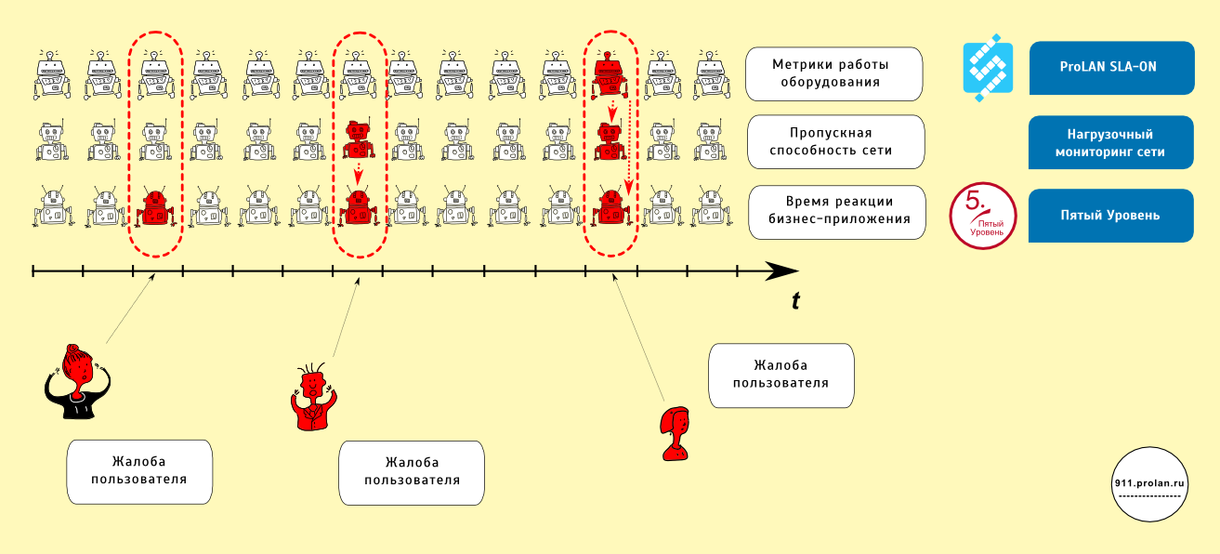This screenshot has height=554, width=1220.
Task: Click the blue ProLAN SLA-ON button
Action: point(1110,68)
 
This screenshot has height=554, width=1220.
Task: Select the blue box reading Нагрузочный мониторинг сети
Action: point(1110,142)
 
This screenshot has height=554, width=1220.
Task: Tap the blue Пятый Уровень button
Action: point(1110,216)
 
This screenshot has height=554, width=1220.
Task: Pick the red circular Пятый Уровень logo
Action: point(983,217)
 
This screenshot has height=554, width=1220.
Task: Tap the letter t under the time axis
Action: point(795,301)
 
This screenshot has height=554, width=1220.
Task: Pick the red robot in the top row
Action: point(610,75)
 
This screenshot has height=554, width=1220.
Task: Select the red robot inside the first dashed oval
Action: point(154,208)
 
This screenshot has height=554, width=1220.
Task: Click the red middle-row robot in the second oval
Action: point(358,140)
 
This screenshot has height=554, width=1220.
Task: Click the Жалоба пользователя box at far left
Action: point(140,471)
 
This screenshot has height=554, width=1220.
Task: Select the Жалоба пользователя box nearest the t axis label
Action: point(781,376)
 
